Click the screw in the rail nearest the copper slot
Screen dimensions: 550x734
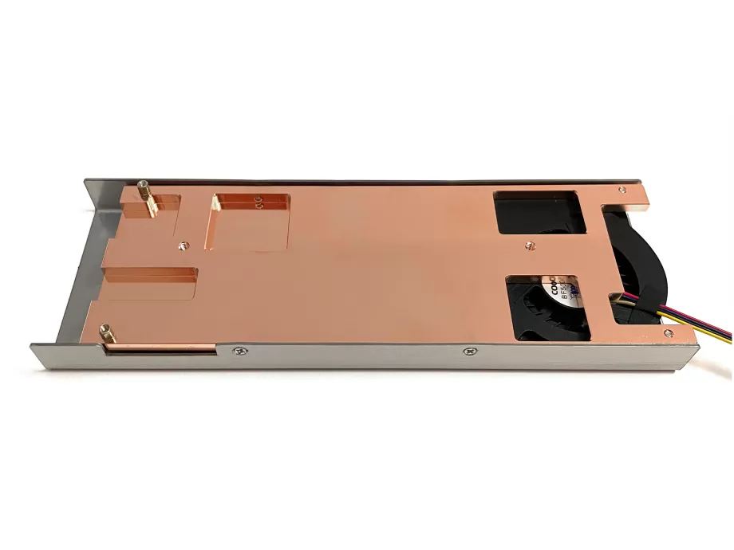(237, 350)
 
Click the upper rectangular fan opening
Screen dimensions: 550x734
(540, 212)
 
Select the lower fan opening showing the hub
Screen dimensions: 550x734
(547, 307)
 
